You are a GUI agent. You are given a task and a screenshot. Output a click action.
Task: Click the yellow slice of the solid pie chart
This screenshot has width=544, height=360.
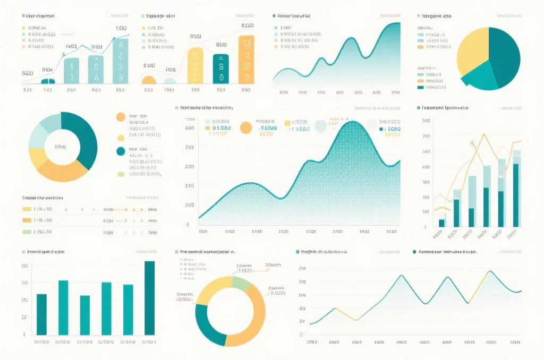(472, 50)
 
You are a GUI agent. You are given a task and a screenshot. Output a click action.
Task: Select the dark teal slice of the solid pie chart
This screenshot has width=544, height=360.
(505, 56)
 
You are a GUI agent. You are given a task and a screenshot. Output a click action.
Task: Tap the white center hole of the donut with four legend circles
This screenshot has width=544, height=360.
(63, 147)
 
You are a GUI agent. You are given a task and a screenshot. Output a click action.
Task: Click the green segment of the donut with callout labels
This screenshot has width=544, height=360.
(241, 283)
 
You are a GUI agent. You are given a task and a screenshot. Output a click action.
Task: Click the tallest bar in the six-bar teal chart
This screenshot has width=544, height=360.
(150, 298)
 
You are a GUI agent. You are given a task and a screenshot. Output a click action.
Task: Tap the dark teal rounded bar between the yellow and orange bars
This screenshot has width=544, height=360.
(220, 68)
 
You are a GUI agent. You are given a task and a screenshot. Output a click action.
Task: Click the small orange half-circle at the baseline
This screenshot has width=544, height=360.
(148, 80)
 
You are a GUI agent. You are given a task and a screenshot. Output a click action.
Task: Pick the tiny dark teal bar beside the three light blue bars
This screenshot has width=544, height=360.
(48, 81)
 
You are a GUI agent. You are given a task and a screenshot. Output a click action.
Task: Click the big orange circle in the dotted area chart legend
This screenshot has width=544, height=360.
(245, 127)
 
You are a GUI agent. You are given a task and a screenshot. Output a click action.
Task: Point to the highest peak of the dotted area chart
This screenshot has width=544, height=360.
(353, 123)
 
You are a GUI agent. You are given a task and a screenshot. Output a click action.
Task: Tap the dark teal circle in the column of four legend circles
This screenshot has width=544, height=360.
(121, 151)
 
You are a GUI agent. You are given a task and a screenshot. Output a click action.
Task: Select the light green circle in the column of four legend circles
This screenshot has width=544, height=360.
(121, 173)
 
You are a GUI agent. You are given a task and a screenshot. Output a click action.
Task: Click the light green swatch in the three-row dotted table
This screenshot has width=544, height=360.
(27, 232)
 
